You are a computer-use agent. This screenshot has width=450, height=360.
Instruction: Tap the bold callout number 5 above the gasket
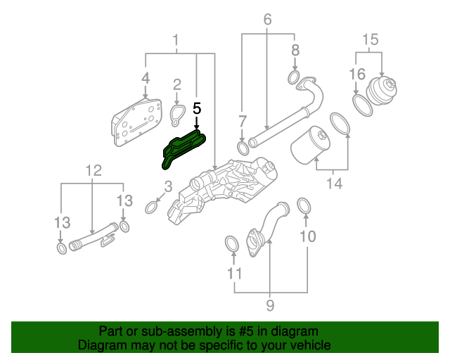(197, 109)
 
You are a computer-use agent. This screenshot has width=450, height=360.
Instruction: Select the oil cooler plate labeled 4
(136, 122)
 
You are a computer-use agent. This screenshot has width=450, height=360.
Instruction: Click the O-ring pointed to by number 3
(151, 207)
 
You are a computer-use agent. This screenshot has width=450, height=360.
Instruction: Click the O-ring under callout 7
(243, 148)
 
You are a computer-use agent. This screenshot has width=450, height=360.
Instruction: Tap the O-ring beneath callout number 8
(294, 77)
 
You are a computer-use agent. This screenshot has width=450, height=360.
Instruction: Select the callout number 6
(267, 20)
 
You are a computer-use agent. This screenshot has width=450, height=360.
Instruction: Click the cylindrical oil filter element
(310, 145)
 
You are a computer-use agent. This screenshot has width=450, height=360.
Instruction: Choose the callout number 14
(335, 184)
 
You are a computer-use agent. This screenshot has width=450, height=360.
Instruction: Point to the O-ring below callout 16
(362, 105)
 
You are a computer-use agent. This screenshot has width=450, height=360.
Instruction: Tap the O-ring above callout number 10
(304, 206)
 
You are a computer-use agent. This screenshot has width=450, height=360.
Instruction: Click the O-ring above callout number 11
(231, 244)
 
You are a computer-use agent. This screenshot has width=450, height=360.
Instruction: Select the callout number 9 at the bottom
(270, 305)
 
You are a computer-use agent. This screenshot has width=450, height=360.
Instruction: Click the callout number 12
(94, 171)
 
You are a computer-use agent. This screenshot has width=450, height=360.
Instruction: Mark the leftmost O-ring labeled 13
(62, 248)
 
